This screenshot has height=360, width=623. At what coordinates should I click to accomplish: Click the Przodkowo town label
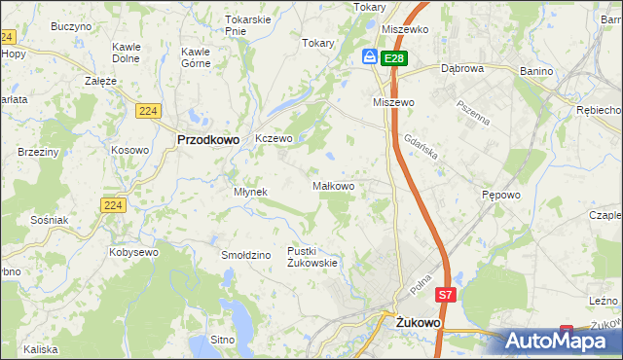[208, 139]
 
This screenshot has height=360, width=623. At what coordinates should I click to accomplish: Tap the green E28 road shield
[393, 58]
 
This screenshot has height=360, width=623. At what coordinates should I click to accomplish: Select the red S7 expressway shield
[445, 294]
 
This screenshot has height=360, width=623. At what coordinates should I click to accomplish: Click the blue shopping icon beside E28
[370, 57]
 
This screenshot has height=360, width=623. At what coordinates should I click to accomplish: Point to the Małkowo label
[332, 185]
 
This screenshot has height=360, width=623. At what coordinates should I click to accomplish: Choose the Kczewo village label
[274, 139]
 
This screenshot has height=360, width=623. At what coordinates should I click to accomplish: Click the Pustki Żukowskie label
[311, 256]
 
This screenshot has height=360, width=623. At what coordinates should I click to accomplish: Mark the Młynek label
[250, 192]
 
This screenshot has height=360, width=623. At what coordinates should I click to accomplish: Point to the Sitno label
[223, 341]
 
